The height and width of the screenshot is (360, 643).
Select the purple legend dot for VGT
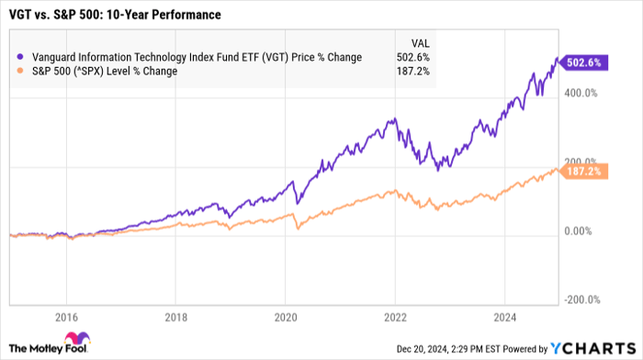tap(21, 57)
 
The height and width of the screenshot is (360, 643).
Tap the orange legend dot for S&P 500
tap(21, 71)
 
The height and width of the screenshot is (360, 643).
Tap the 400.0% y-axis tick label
tap(581, 94)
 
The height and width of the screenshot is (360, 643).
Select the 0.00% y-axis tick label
tap(581, 231)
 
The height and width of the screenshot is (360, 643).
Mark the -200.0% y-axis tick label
tap(581, 299)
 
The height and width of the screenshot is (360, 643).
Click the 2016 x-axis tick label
tap(65, 318)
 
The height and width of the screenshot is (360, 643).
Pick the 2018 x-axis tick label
tap(176, 318)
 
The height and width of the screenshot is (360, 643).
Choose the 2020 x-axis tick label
tap(286, 318)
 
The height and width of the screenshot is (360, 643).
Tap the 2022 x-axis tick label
tap(396, 318)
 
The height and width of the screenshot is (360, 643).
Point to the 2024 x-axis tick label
tap(506, 318)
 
